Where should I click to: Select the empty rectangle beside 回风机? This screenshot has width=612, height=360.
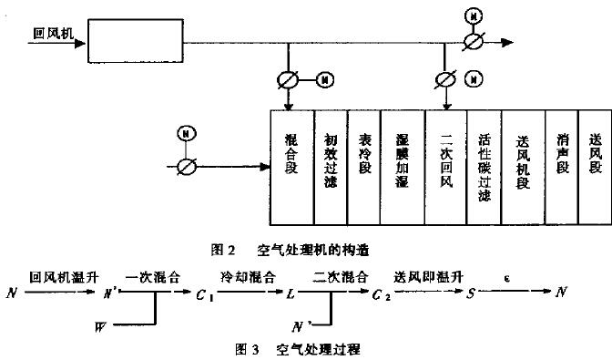click(146, 41)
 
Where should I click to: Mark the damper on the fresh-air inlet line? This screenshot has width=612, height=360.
click(187, 166)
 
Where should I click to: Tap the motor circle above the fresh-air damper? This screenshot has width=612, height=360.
click(187, 135)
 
